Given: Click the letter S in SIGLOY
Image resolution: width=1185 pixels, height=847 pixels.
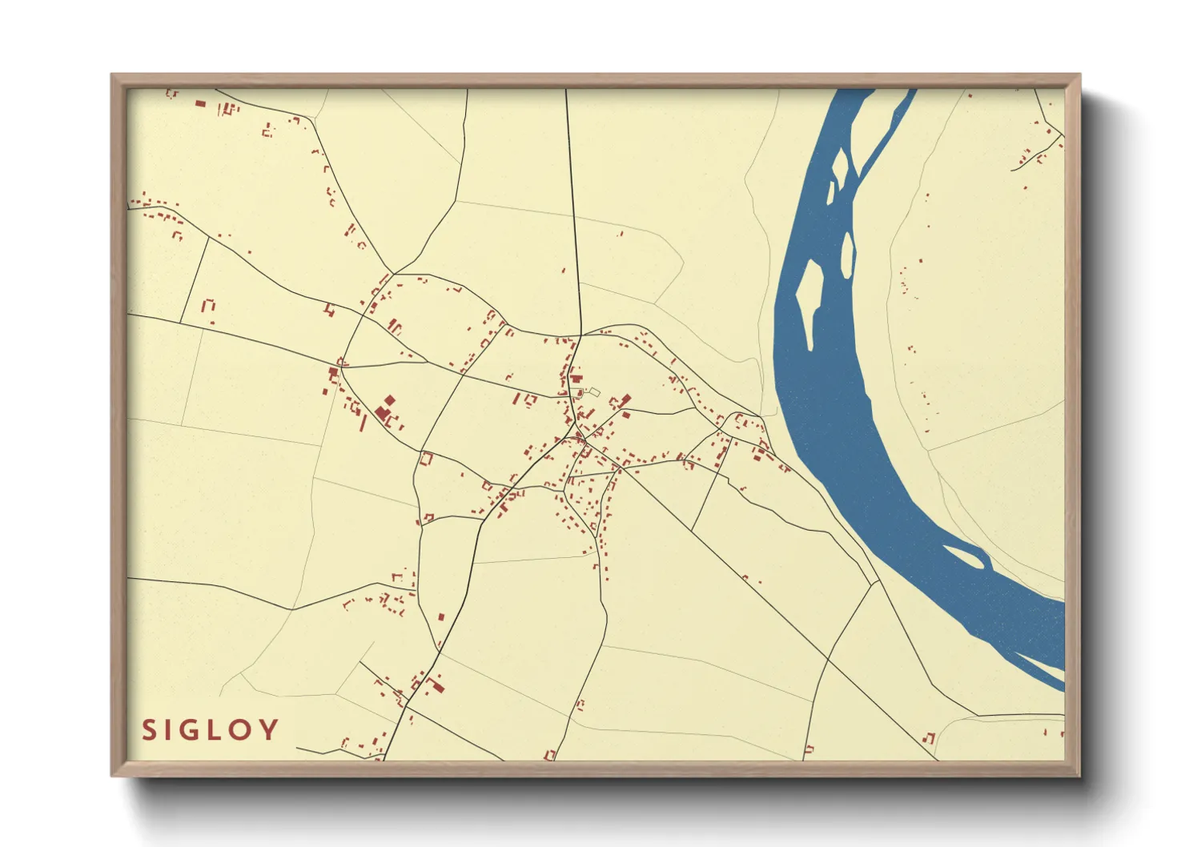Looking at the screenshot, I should (x=148, y=730).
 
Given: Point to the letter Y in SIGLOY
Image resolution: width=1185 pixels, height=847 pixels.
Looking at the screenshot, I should (x=271, y=730).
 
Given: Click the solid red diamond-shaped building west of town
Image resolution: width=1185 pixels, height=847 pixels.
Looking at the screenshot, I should (x=390, y=399).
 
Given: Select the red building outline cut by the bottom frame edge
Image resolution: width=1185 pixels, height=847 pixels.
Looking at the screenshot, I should (x=550, y=755).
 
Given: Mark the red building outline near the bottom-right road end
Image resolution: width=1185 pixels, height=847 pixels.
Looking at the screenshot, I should (x=930, y=737).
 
